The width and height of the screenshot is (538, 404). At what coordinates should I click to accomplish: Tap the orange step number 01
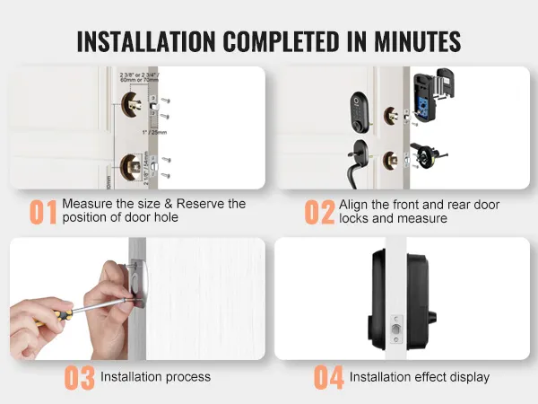click(43, 212)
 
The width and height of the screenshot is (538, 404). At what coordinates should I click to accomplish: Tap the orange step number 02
click(319, 212)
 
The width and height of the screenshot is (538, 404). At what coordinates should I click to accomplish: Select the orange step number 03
click(79, 378)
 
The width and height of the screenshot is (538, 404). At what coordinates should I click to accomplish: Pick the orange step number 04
click(328, 378)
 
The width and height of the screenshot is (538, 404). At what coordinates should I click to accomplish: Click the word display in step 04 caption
click(468, 377)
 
